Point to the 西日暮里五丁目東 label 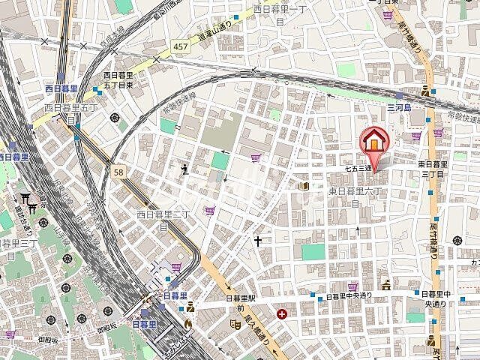(x=119, y=79)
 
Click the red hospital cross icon (x=282, y=313)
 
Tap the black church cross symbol (x=259, y=241)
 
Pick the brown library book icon (x=304, y=186)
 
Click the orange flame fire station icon (x=187, y=324)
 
